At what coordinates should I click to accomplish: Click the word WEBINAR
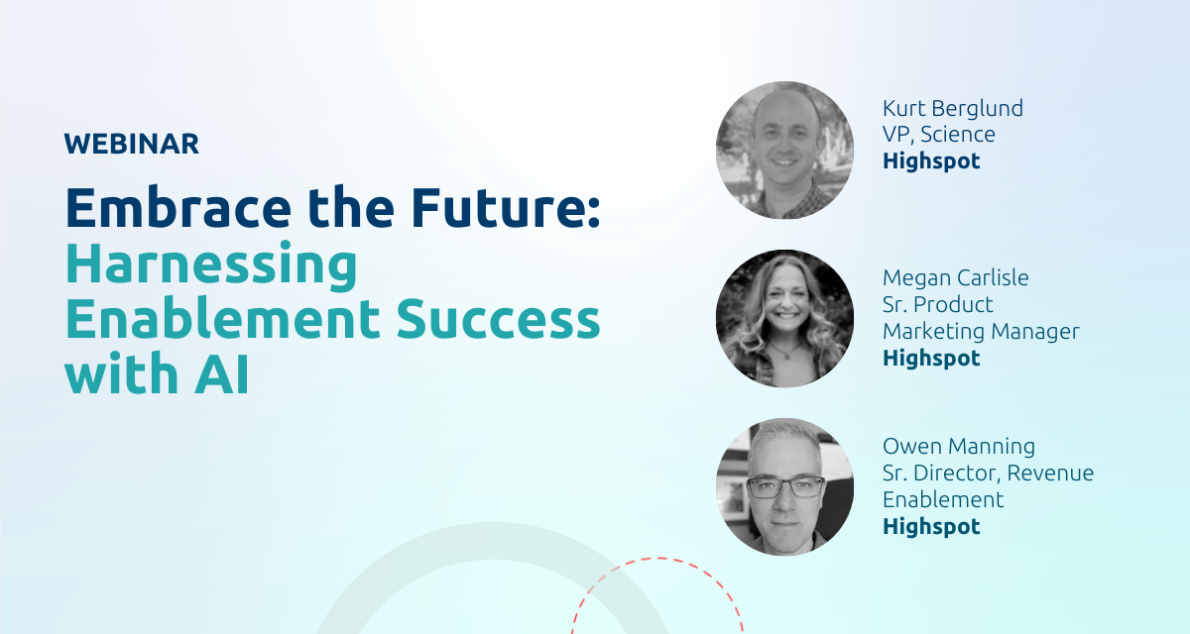click(x=132, y=145)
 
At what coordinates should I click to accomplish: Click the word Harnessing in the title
click(x=210, y=265)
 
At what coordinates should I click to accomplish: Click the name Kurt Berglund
click(x=951, y=108)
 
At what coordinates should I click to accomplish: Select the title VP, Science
click(x=938, y=134)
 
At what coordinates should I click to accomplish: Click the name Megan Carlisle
click(x=955, y=278)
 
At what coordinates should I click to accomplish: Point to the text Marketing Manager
click(x=980, y=332)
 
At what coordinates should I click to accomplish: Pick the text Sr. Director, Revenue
click(x=988, y=474)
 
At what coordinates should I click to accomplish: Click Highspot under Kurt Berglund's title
click(x=931, y=160)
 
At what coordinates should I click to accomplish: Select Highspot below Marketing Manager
click(x=931, y=359)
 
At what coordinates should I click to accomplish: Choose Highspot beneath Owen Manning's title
click(x=931, y=527)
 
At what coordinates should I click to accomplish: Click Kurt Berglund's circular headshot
click(x=784, y=150)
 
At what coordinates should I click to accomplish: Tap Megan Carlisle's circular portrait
click(x=784, y=318)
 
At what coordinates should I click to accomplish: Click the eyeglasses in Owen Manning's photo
click(x=785, y=486)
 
